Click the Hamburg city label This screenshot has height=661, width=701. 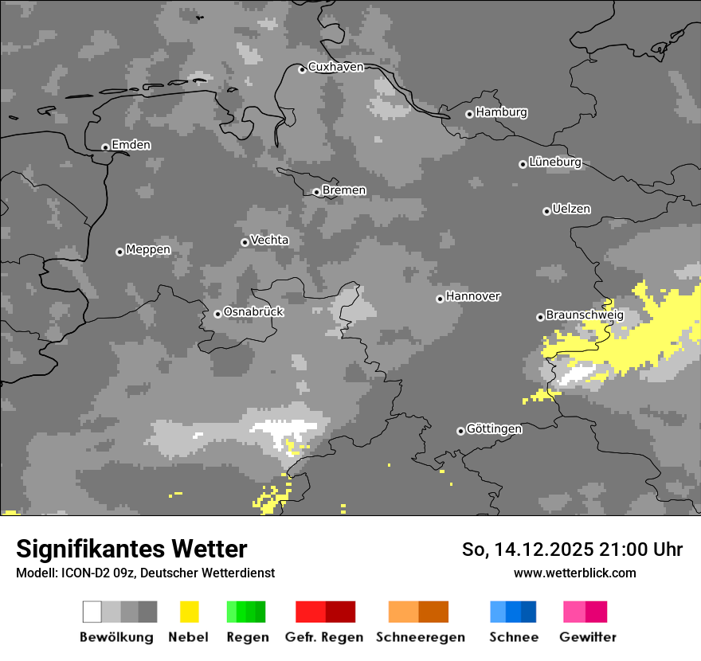point(501,112)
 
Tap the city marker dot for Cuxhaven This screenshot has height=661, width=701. point(302,69)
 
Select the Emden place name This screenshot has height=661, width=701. point(131,145)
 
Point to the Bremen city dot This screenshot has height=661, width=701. point(316,192)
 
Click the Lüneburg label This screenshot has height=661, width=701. point(555,162)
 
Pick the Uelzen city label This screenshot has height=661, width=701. point(571,209)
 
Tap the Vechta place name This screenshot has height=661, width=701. point(269,240)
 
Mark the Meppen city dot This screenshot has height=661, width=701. point(119,252)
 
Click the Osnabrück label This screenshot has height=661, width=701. point(253,312)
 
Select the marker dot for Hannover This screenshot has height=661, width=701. point(440,299)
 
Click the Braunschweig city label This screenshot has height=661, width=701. point(585,315)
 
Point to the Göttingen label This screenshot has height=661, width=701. point(494,428)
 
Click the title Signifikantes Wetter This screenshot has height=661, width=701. point(131,549)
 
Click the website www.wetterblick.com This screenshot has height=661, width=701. point(574,573)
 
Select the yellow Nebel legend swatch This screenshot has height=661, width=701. point(189,612)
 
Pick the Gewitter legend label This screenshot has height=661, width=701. point(587,637)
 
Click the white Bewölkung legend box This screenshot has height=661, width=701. point(92,612)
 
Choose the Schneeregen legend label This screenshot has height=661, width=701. point(420,637)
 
